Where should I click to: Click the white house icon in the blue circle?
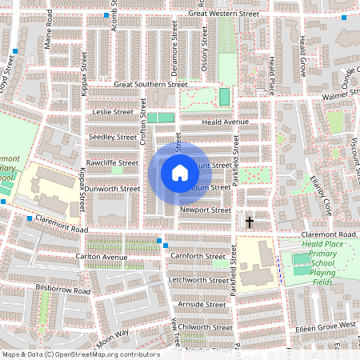click(x=180, y=173)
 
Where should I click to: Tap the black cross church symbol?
click(x=250, y=221)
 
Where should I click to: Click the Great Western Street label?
click(x=225, y=14)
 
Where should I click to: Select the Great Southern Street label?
click(x=150, y=84)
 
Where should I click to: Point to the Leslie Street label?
click(x=113, y=112)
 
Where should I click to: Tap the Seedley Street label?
click(x=113, y=137)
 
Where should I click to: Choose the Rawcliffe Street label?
click(x=112, y=162)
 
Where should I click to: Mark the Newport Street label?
click(x=205, y=210)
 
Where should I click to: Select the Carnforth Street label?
click(x=198, y=257)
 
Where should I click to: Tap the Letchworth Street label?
click(x=198, y=281)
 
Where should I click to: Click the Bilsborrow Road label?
click(x=64, y=286)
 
